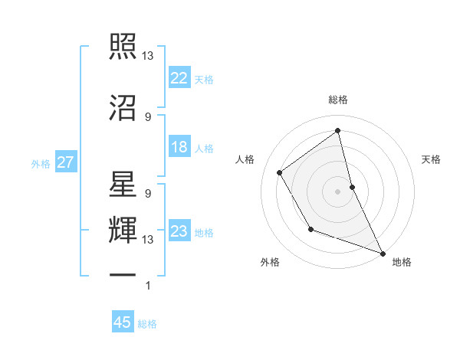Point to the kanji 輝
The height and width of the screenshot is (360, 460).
[x=123, y=230]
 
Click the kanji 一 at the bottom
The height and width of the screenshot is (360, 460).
[x=123, y=274]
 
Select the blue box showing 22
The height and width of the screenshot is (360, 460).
[x=179, y=77]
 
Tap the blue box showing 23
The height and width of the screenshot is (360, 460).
[x=179, y=231]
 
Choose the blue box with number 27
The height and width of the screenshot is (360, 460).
[x=64, y=162]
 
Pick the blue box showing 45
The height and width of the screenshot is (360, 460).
[x=123, y=322]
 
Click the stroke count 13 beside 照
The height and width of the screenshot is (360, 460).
[x=148, y=56]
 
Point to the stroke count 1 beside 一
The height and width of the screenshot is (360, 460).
[x=148, y=286]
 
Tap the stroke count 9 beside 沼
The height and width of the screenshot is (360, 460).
[x=148, y=116]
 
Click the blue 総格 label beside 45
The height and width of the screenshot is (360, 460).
[x=147, y=324]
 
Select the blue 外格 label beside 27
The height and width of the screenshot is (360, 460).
[x=40, y=163]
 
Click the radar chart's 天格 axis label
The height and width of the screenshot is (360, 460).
[x=431, y=159]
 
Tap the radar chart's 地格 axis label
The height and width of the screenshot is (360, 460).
[x=402, y=262]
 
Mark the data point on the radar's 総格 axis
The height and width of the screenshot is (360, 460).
[x=338, y=130]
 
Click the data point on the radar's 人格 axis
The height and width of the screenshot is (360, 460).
[x=280, y=172]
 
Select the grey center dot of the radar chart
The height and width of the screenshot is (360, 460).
[x=338, y=191]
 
